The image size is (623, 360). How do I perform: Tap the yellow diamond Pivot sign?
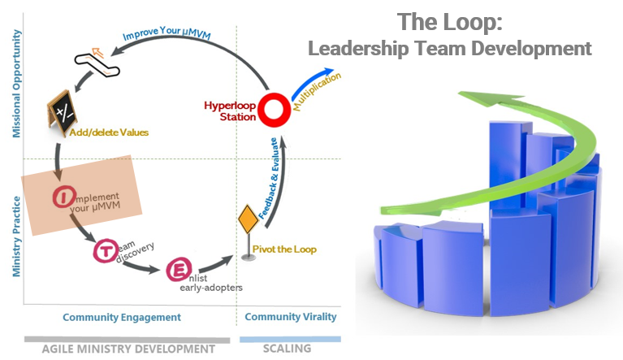247,220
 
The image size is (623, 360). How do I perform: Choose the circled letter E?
177,270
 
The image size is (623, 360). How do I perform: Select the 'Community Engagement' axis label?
122,317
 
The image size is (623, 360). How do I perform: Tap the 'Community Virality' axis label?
289,317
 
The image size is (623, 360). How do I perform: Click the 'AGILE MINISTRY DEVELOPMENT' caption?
129,349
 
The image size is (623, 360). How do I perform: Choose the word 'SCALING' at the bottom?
287,349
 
